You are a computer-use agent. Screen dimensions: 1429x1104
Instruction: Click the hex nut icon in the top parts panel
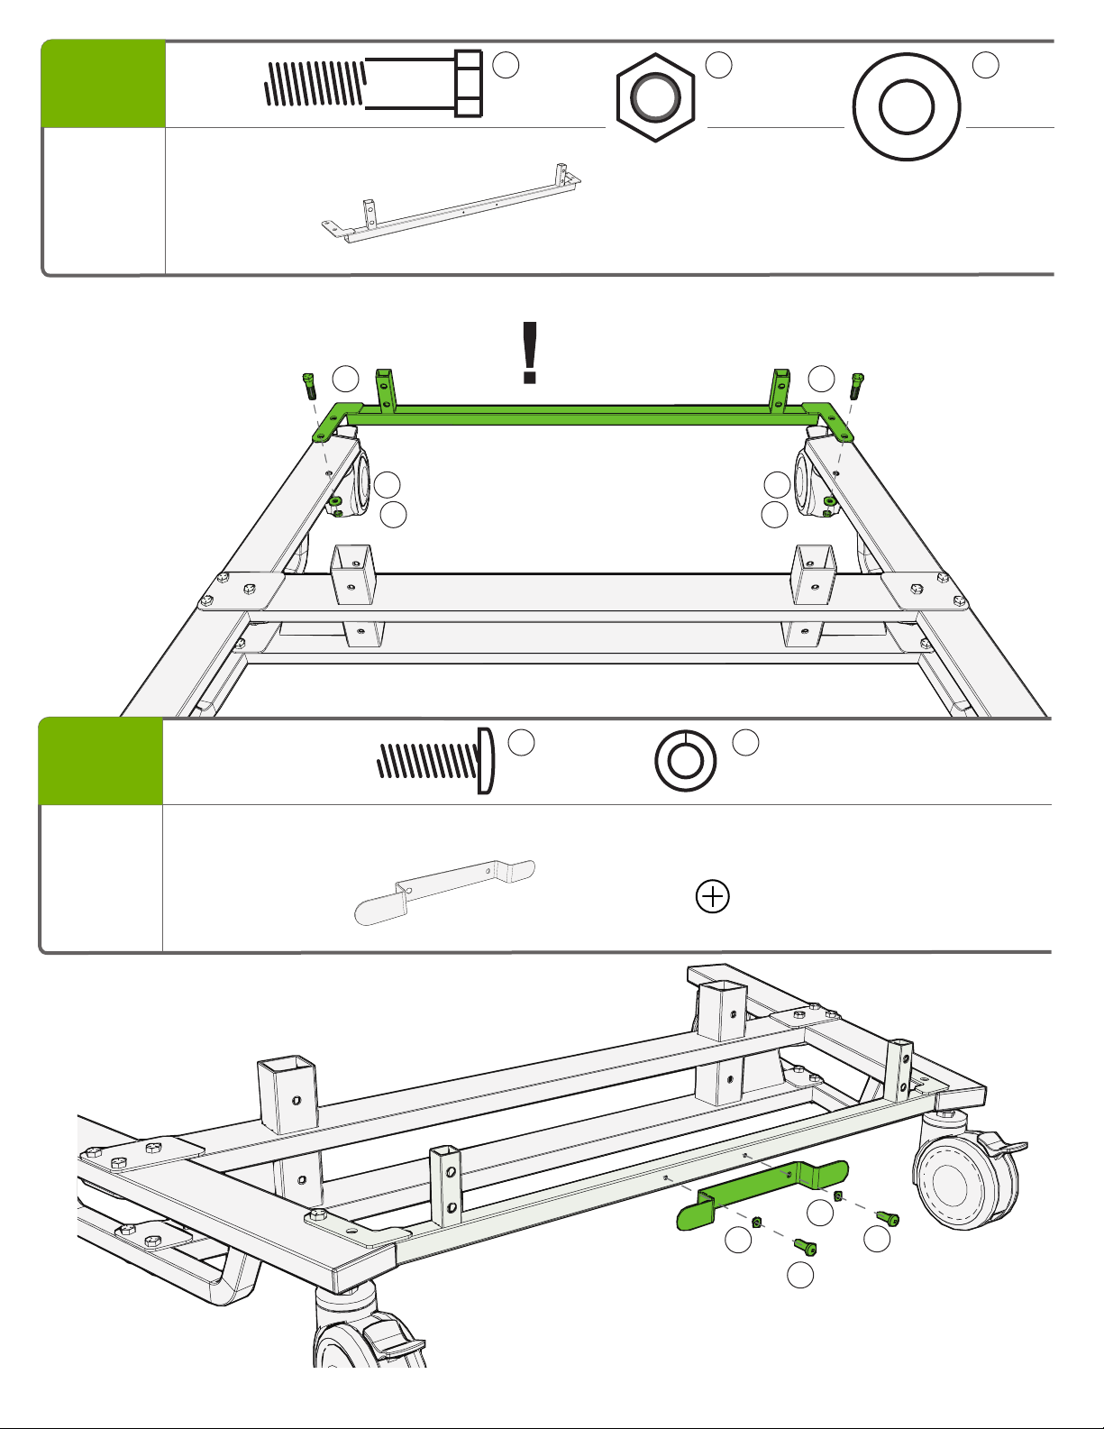pyautogui.click(x=655, y=96)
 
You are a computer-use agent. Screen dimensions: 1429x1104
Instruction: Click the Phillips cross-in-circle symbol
pyautogui.click(x=713, y=896)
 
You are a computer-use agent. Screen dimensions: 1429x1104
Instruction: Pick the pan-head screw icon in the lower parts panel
pyautogui.click(x=436, y=760)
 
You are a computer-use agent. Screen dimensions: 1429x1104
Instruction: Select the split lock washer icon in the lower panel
pyautogui.click(x=685, y=760)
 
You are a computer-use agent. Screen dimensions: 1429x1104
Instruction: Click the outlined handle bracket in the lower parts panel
pyautogui.click(x=445, y=891)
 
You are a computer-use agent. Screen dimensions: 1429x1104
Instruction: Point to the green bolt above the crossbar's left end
pyautogui.click(x=308, y=386)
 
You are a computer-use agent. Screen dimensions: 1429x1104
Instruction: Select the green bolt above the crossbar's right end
pyautogui.click(x=857, y=386)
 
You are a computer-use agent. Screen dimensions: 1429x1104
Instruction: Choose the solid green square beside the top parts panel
pyautogui.click(x=104, y=84)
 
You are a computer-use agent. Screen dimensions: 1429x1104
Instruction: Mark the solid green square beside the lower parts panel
pyautogui.click(x=101, y=762)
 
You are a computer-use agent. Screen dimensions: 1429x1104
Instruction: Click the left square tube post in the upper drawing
pyautogui.click(x=352, y=574)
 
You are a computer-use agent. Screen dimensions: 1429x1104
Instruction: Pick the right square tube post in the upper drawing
pyautogui.click(x=815, y=573)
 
